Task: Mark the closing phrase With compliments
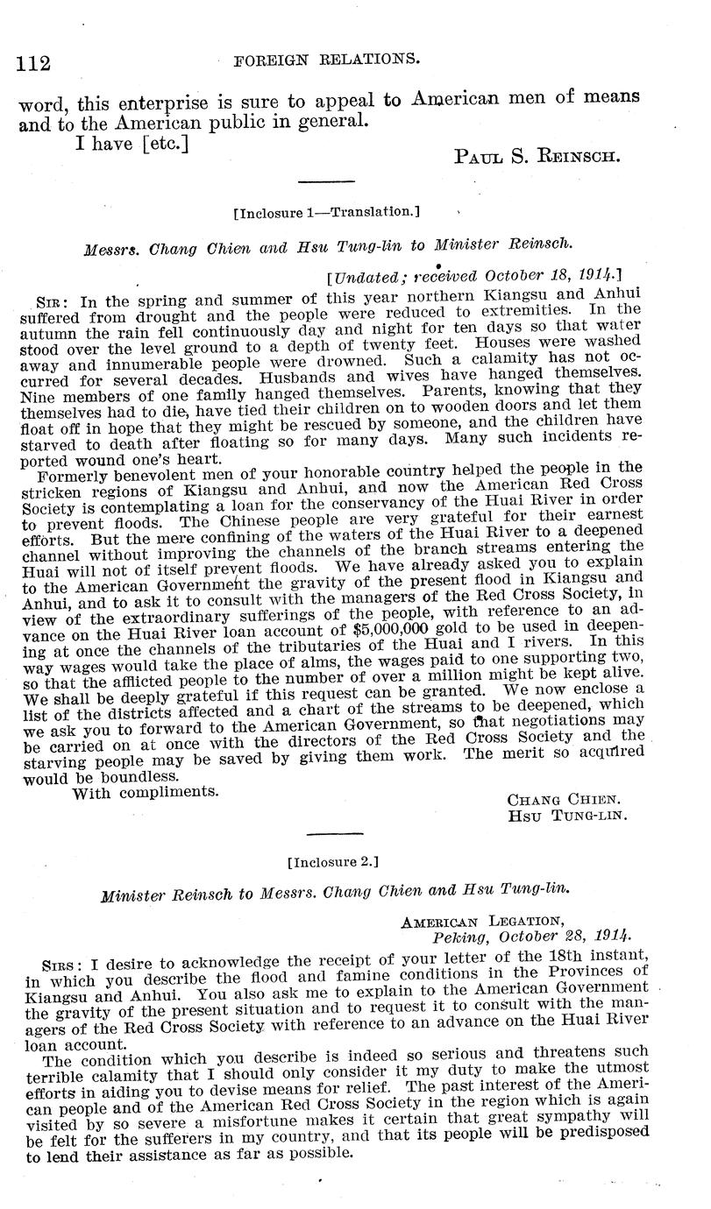tap(145, 793)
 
